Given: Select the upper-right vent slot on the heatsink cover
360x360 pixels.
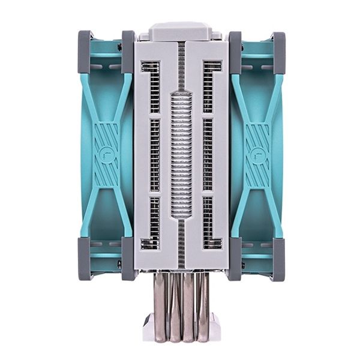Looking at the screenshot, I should (x=210, y=87).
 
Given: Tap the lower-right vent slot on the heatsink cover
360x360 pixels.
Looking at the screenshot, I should (x=210, y=222).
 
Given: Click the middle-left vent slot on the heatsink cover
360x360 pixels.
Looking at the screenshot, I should (x=154, y=155).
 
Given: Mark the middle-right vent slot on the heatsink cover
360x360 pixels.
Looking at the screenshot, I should (x=208, y=155).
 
